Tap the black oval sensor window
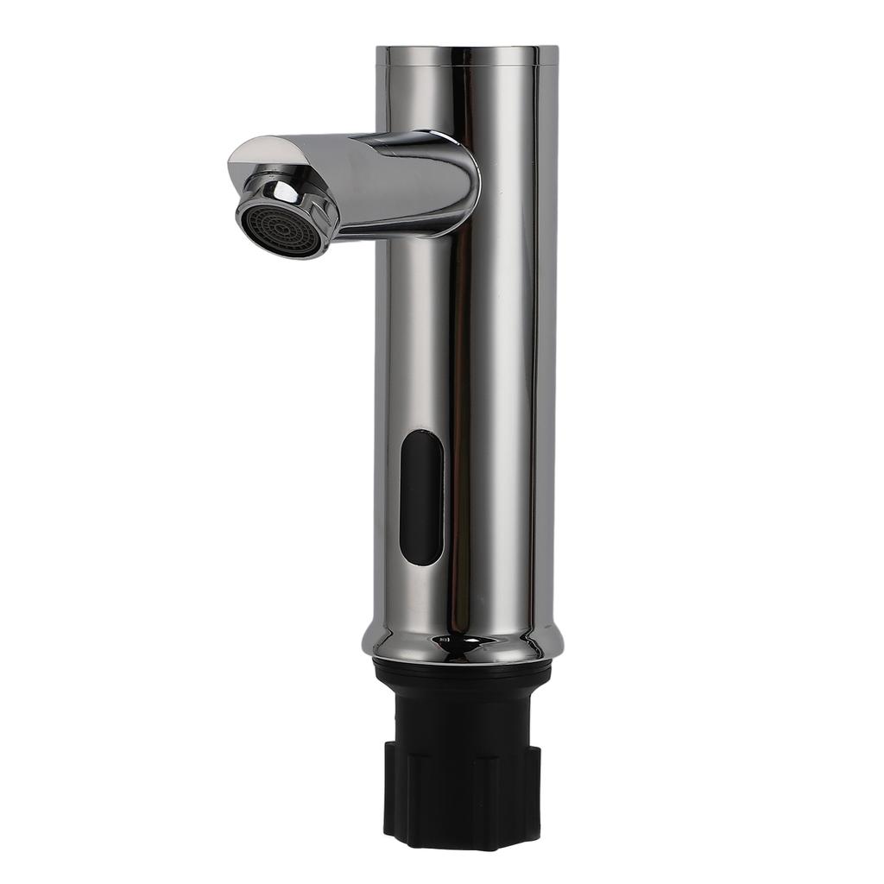pyautogui.click(x=422, y=497)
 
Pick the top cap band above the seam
pyautogui.click(x=466, y=56)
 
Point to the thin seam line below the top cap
pyautogui.click(x=466, y=66)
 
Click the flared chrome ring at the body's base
pyautogui.click(x=463, y=643)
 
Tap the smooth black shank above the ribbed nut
pyautogui.click(x=463, y=708)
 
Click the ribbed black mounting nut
pyautogui.click(x=463, y=790)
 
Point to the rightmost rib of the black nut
pyautogui.click(x=534, y=790)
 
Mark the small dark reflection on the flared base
pyautogui.click(x=444, y=639)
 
